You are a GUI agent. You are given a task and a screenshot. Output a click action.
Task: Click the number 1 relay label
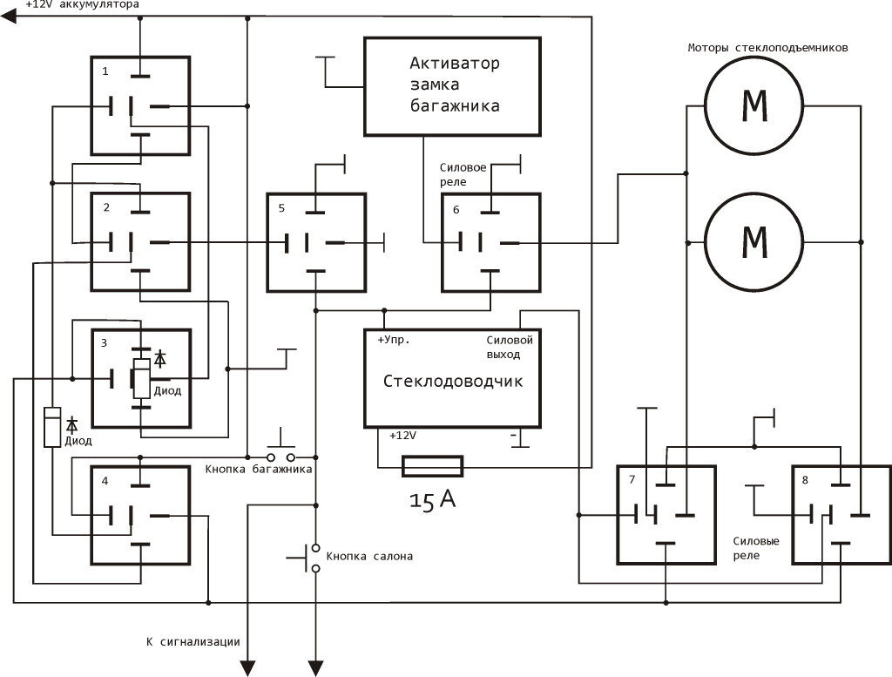[x=105, y=71]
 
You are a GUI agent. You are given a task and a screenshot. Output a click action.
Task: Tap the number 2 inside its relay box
[x=105, y=207]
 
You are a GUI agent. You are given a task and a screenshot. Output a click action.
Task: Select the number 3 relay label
[x=105, y=343]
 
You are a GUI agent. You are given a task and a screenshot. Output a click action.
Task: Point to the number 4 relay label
[x=105, y=480]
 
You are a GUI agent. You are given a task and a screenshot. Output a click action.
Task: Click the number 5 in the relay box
[x=280, y=207]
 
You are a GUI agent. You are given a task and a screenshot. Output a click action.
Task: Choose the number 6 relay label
[x=456, y=208]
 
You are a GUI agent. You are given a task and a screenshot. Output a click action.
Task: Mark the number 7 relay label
[x=631, y=479]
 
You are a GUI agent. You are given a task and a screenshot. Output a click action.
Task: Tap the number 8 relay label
[x=805, y=479]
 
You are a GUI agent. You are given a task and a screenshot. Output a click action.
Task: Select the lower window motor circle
[x=753, y=240]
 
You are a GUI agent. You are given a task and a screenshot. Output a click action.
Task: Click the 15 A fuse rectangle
[x=432, y=467]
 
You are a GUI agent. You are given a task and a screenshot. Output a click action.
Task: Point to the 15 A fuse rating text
[x=433, y=500]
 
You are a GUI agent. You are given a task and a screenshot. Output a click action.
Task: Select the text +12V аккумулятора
[x=82, y=5]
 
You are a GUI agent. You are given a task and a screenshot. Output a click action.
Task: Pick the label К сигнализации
[x=193, y=642]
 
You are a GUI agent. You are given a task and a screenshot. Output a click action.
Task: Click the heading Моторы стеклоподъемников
[x=767, y=48]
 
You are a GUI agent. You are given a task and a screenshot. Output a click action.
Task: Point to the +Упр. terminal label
[x=393, y=340]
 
